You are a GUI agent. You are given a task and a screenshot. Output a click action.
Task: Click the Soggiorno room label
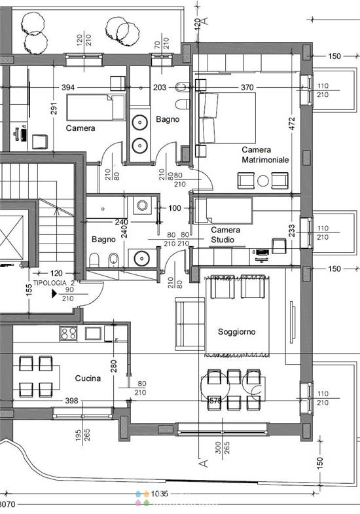[236, 332]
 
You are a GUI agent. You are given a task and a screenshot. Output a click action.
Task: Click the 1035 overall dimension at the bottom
[160, 494]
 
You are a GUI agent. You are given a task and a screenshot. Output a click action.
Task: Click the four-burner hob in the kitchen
[69, 333]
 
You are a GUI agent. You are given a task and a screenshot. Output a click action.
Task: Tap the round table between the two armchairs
[263, 180]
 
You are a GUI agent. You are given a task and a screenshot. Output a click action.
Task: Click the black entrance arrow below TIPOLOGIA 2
[54, 294]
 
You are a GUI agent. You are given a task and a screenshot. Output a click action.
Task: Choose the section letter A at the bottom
[202, 464]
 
